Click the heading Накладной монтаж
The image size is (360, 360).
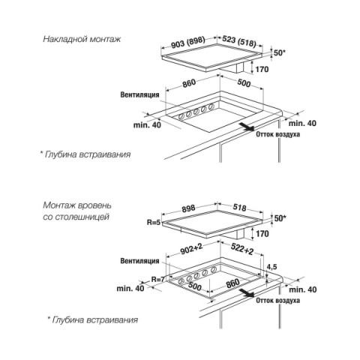coord(82,39)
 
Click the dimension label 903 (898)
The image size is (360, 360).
coord(188,43)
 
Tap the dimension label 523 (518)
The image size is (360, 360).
coord(239,41)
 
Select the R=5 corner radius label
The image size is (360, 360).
coord(153,222)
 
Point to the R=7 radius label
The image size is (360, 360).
coord(158,279)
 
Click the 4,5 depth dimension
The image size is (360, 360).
coord(271,267)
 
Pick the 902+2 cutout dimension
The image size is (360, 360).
coord(191,249)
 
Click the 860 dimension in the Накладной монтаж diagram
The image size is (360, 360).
coord(189,83)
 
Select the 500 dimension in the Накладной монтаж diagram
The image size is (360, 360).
coord(244,82)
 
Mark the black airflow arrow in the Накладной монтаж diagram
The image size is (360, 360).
coord(247,127)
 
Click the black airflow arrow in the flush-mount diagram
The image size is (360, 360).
coord(247,292)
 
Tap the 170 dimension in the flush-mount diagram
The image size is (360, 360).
coord(262,234)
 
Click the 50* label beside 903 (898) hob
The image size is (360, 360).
coord(280,53)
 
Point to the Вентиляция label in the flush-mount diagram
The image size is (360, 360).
coord(139,261)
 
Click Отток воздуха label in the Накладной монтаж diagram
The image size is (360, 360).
coord(277,134)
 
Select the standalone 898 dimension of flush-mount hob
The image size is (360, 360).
coord(188,208)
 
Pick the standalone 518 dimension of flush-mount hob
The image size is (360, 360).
coord(239,208)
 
